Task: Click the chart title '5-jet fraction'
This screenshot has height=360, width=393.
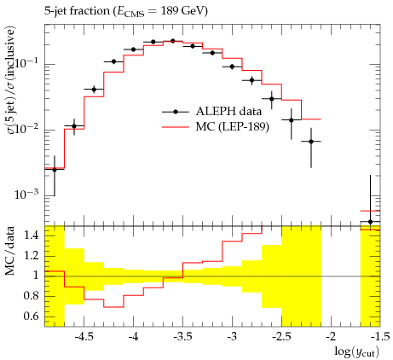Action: pos(77,11)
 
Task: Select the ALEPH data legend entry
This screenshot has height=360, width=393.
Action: pos(211,112)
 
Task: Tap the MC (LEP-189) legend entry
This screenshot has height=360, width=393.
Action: pos(216,126)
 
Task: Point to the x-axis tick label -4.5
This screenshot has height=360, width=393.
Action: pos(84,337)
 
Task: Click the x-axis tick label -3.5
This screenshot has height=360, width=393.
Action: pos(182,337)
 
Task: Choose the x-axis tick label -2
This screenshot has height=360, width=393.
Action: pos(331,337)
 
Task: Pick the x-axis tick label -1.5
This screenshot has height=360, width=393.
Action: pos(380,337)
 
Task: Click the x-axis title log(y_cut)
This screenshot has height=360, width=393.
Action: pos(356,351)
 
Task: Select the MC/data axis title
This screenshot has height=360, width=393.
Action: pos(9,251)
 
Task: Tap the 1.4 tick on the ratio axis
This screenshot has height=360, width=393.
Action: pos(32,235)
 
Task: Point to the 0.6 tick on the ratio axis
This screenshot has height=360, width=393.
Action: pos(32,316)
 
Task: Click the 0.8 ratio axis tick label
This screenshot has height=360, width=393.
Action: pos(32,296)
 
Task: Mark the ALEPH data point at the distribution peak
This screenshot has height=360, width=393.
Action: pos(173,41)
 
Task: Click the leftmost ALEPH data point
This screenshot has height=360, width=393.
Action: pos(55,170)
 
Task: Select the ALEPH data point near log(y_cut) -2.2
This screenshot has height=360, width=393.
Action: pos(311,142)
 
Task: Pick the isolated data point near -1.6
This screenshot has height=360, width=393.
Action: pos(370,222)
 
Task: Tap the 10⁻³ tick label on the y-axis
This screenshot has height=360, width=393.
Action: pos(28,194)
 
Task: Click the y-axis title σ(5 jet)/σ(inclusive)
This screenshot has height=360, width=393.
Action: pos(10,80)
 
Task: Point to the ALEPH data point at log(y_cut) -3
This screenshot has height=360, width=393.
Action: pos(232,67)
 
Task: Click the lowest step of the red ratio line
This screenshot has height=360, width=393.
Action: pos(113,307)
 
